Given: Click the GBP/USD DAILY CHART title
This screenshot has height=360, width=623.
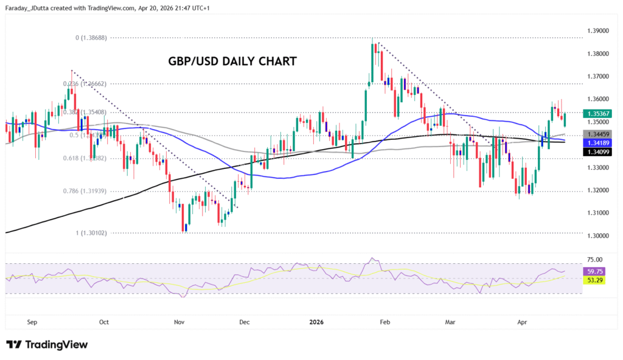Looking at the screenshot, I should click(x=232, y=61).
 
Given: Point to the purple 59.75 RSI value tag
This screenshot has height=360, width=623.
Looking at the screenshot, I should click(x=594, y=271).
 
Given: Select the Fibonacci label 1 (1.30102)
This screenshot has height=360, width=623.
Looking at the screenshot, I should click(x=91, y=233).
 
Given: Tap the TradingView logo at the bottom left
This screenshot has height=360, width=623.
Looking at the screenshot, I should click(x=47, y=345).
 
